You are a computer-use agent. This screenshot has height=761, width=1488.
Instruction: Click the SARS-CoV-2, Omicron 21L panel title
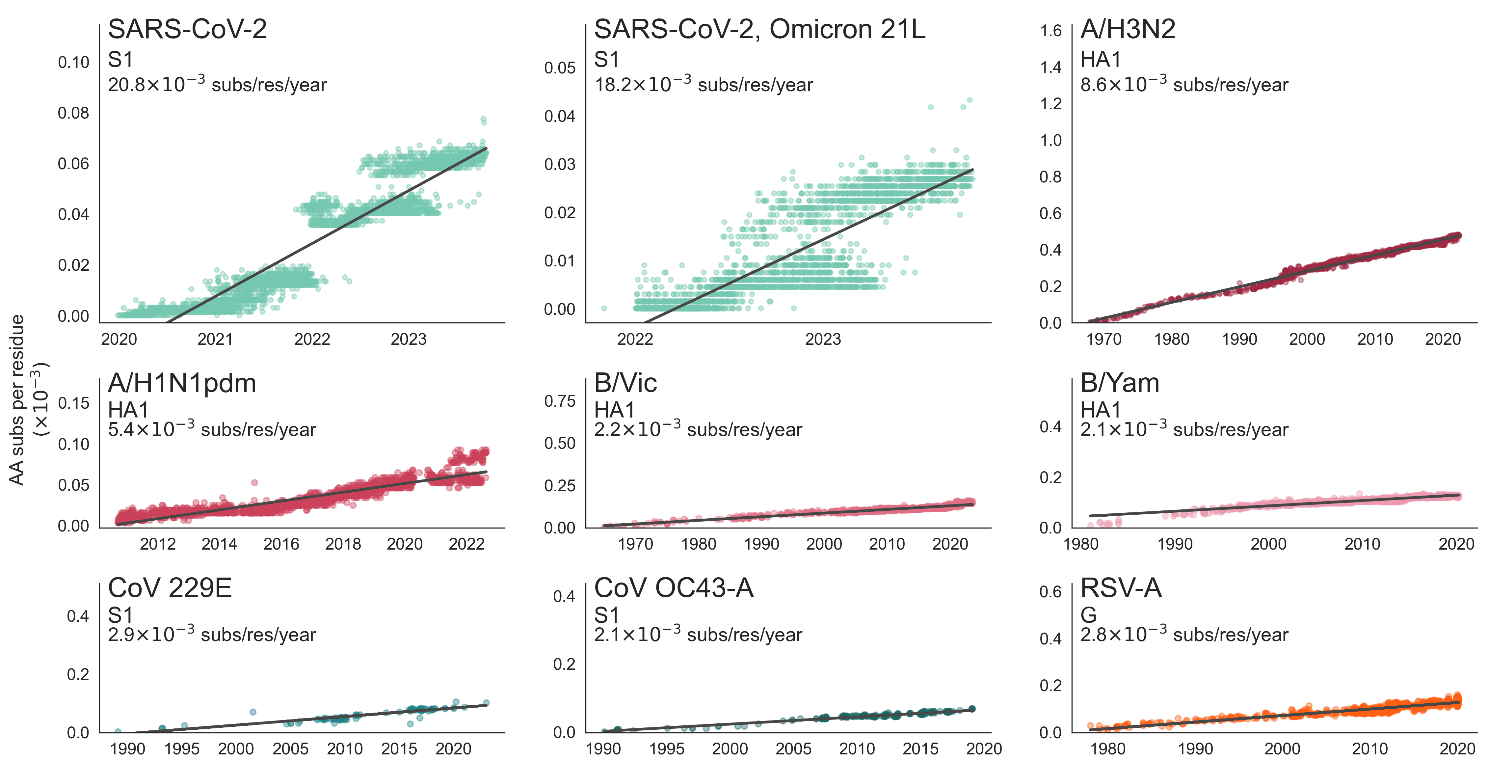(x=759, y=29)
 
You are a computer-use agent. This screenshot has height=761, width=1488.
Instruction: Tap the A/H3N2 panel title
(x=1128, y=29)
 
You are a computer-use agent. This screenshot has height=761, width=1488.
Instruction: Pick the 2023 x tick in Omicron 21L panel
(x=823, y=339)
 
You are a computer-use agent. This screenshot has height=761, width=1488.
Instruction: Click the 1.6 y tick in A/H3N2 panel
(x=1051, y=31)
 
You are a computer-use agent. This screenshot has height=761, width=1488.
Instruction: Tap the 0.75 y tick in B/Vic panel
(x=560, y=401)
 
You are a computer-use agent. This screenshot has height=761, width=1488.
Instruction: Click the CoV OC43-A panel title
(x=674, y=588)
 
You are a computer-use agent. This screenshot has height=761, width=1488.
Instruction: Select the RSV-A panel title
(x=1121, y=588)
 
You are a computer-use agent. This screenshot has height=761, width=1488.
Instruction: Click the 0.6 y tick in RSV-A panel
(x=1051, y=592)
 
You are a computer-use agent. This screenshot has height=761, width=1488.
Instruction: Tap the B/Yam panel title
(x=1120, y=383)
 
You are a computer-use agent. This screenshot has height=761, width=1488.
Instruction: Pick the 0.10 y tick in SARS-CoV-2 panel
(x=73, y=63)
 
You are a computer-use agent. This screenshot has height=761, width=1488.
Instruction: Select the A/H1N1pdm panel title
(x=182, y=383)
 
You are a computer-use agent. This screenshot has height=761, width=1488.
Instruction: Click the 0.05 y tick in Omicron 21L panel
(x=560, y=68)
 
